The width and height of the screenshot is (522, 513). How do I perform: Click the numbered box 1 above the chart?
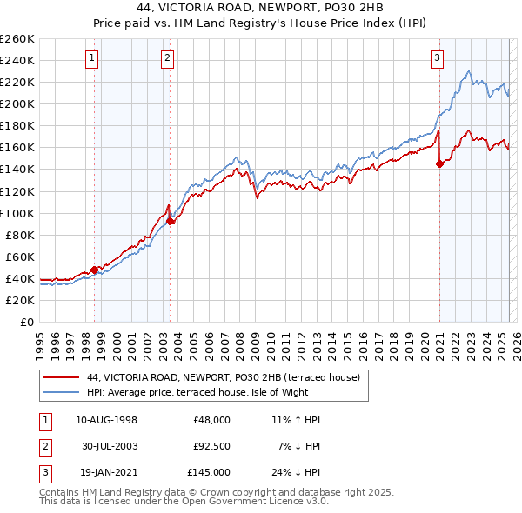click(92, 58)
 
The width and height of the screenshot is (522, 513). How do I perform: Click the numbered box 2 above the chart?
click(167, 58)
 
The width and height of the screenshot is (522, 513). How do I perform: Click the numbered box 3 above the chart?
click(437, 58)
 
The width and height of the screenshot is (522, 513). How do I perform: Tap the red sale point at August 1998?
click(94, 270)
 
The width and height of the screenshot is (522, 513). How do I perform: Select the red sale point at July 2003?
click(171, 221)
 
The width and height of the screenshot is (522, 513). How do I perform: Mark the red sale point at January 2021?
click(439, 163)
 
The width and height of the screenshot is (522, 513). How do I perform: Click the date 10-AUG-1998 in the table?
click(106, 420)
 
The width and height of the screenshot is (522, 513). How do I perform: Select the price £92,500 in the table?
click(211, 446)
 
